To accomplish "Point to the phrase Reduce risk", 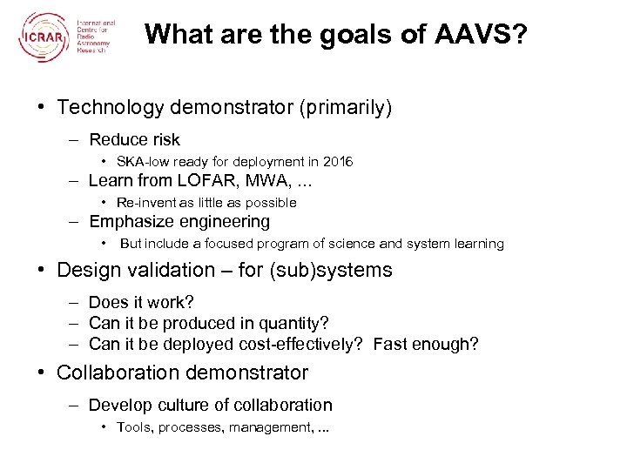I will (134, 139).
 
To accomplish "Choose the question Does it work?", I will (141, 304).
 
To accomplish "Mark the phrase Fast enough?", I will (425, 344).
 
